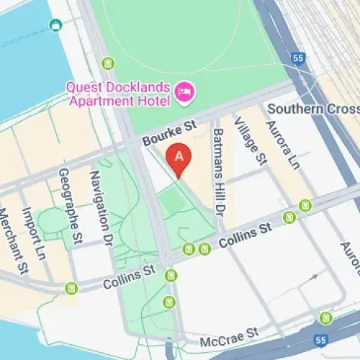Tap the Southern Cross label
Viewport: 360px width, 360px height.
click(x=312, y=109)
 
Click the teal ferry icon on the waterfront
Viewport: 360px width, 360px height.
click(x=55, y=25)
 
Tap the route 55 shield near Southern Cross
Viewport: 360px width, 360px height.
click(x=299, y=58)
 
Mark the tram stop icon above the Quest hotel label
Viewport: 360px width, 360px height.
click(x=108, y=63)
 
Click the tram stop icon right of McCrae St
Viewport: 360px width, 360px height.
click(x=326, y=318)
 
